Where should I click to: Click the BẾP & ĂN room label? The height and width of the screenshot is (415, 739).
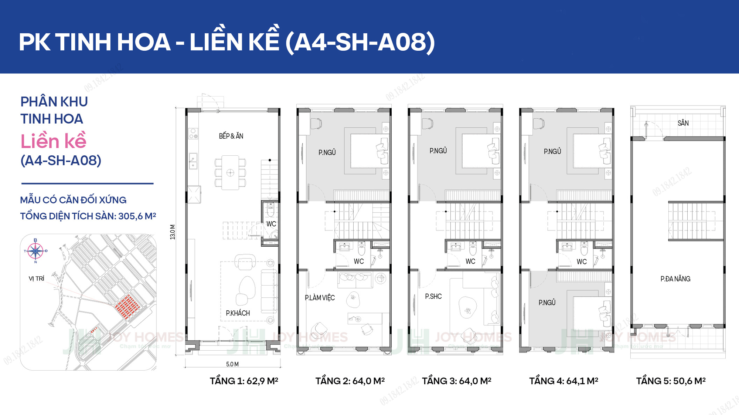231,136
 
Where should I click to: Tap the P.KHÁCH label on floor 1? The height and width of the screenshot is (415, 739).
238,313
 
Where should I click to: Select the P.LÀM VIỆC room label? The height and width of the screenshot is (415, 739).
320,298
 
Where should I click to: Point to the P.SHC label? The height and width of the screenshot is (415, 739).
433,296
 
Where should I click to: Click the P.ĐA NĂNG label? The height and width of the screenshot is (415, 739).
675,279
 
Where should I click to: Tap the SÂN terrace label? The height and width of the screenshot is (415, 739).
683,123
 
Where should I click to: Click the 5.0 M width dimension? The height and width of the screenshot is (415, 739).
232,364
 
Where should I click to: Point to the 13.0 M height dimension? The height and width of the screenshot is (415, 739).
173,232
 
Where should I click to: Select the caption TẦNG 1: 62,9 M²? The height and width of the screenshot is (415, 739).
244,381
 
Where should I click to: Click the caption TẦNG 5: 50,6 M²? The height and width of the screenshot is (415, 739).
671,381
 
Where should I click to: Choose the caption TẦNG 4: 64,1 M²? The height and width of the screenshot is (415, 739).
563,381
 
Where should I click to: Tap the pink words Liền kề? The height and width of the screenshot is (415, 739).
54,141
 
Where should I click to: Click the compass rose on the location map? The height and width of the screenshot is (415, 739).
35,251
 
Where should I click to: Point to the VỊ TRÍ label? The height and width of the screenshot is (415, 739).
37,279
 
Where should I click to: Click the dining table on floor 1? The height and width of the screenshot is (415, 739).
230,173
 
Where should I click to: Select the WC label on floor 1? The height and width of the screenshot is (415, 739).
271,224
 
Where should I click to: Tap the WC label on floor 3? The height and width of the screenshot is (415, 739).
470,262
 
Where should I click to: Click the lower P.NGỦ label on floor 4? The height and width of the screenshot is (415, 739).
547,303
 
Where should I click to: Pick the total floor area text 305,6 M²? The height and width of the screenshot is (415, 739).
137,216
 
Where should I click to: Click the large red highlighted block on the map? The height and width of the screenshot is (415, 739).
127,307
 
